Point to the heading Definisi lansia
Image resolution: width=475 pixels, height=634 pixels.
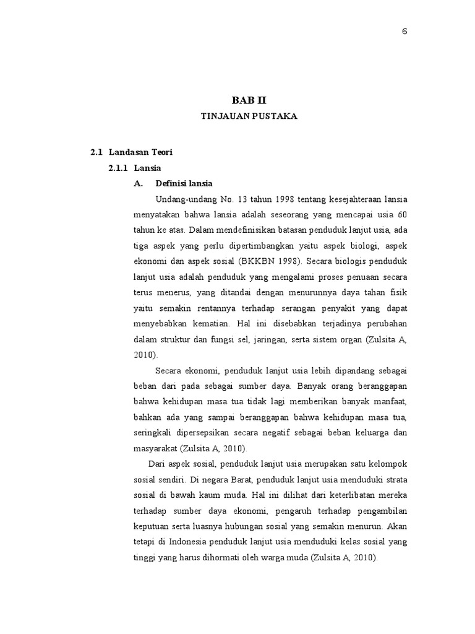(184, 183)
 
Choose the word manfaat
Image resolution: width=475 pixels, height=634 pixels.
(393, 401)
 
